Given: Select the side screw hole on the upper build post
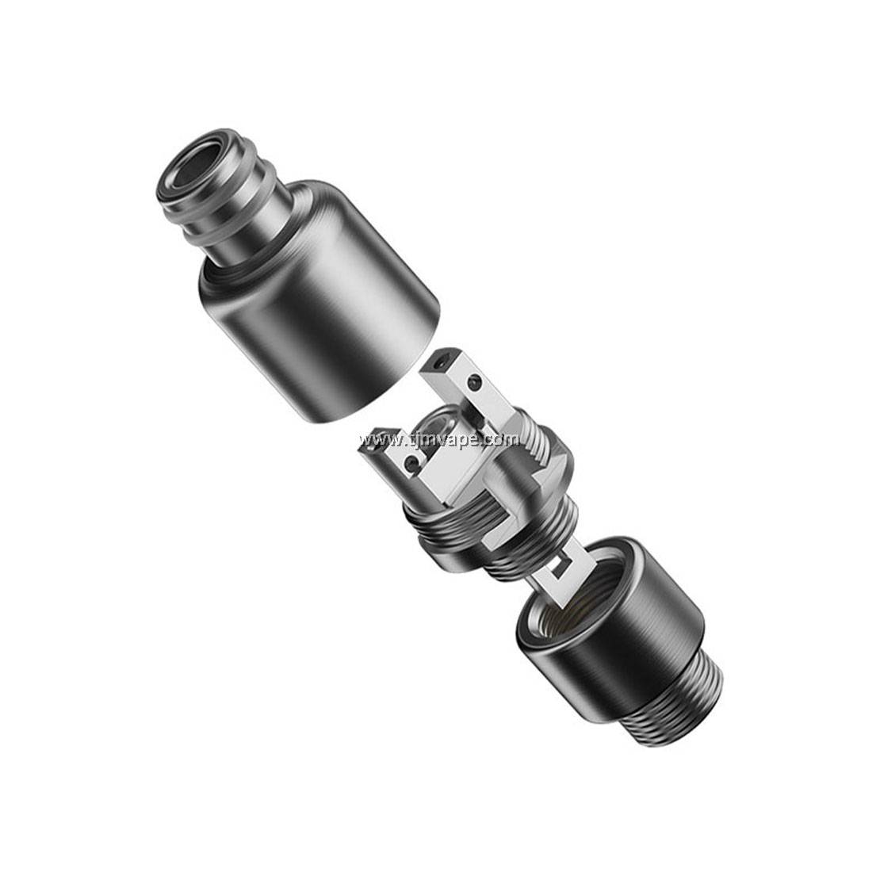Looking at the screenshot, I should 475,383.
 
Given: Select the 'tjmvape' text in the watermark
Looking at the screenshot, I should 448,439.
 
